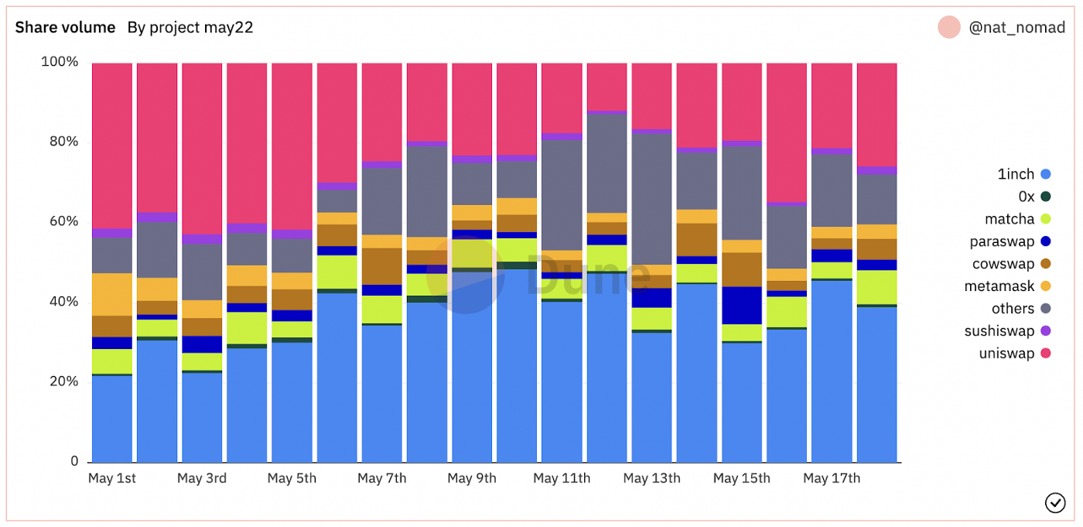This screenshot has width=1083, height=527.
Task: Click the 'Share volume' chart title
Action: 65,28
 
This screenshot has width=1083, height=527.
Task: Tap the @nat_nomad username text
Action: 1016,28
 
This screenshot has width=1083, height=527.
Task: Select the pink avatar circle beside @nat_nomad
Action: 949,28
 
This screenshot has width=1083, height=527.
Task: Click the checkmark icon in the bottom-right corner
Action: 1055,503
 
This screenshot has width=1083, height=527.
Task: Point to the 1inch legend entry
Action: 1016,175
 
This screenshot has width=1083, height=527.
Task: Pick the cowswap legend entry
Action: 1003,264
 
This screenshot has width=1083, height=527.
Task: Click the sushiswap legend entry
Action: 999,331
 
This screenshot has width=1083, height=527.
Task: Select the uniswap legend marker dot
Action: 1046,354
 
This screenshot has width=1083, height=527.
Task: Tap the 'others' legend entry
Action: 1013,309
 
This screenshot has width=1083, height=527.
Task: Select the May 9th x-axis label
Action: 472,478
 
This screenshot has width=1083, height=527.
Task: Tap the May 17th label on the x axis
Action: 832,478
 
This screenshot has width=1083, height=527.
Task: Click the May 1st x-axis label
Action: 112,478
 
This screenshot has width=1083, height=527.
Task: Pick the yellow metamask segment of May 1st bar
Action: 112,294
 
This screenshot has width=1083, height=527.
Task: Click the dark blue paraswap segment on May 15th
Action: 742,305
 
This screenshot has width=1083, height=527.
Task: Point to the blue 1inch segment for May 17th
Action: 832,371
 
